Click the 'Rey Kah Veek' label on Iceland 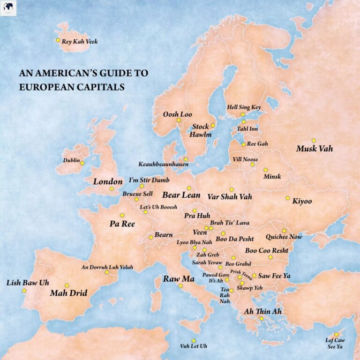pos(80,41)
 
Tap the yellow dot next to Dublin pos(82,163)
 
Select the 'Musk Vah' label pos(314,149)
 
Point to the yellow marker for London pos(112,189)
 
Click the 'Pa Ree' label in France pos(122,224)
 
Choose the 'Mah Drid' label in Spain pos(68,294)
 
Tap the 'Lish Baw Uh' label pos(28,283)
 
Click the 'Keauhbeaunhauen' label pos(164,165)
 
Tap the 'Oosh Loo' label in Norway pos(174,114)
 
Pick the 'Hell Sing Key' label pos(243,107)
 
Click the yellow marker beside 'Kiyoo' pos(288,198)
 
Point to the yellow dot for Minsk pos(265,170)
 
